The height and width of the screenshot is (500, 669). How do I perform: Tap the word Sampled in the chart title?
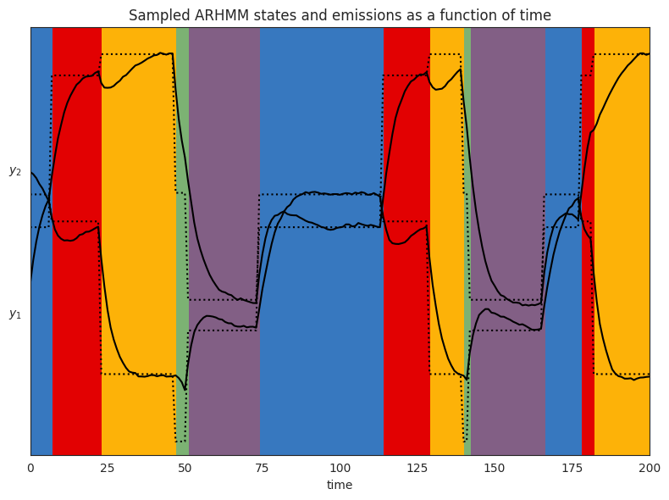point(156,15)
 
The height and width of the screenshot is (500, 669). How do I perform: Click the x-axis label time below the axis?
point(340,485)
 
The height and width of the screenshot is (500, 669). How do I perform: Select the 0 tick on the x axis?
point(30,467)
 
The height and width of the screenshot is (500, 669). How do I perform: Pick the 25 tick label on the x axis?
point(108,467)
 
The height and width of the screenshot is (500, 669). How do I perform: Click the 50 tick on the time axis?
point(185,467)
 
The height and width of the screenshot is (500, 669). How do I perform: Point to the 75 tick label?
point(263,467)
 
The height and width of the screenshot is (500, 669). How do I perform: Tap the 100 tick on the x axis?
point(340,467)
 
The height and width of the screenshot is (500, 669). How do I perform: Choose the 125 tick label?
point(417,467)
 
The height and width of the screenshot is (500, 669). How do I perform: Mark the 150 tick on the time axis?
point(495,467)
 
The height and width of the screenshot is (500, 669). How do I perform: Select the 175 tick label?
point(572,467)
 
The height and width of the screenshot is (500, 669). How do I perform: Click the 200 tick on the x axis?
point(650,467)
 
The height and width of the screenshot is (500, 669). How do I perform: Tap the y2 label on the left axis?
point(15,170)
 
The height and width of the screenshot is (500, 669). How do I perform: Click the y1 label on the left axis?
point(15,314)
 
